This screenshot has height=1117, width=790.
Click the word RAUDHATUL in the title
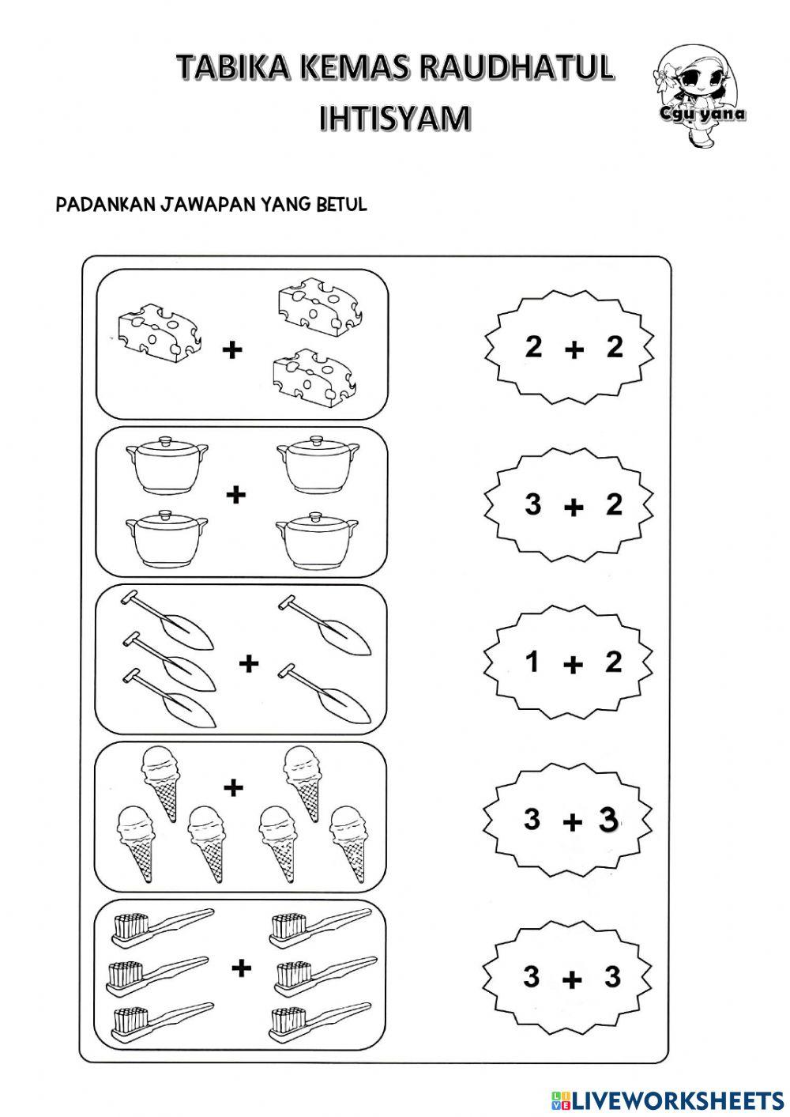click(x=516, y=69)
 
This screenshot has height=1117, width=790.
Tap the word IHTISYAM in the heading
click(x=395, y=119)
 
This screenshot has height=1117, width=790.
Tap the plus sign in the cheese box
click(x=231, y=349)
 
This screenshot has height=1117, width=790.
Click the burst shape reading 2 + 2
click(x=569, y=346)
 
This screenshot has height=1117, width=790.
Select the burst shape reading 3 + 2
click(x=569, y=504)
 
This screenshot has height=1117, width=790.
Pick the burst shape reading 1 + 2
click(x=569, y=662)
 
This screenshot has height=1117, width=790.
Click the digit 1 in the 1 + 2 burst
click(x=532, y=661)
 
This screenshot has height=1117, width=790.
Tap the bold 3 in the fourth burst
click(x=608, y=820)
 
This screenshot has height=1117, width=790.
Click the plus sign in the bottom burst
click(x=572, y=980)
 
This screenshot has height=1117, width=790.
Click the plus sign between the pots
click(x=236, y=496)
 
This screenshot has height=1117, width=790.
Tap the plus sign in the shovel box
click(x=249, y=662)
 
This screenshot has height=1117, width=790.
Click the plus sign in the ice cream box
click(x=232, y=787)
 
